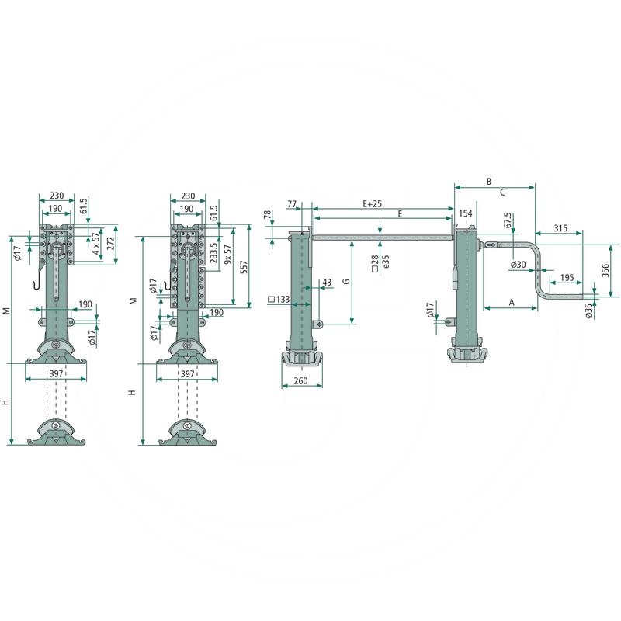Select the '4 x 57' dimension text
(x=95, y=243)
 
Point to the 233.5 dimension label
(x=214, y=253)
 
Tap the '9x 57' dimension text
(x=227, y=255)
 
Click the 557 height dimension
(x=243, y=267)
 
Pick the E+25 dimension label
(x=373, y=203)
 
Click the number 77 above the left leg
(x=292, y=204)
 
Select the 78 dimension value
(x=268, y=215)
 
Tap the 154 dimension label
(x=465, y=213)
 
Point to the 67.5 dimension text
(x=508, y=220)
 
